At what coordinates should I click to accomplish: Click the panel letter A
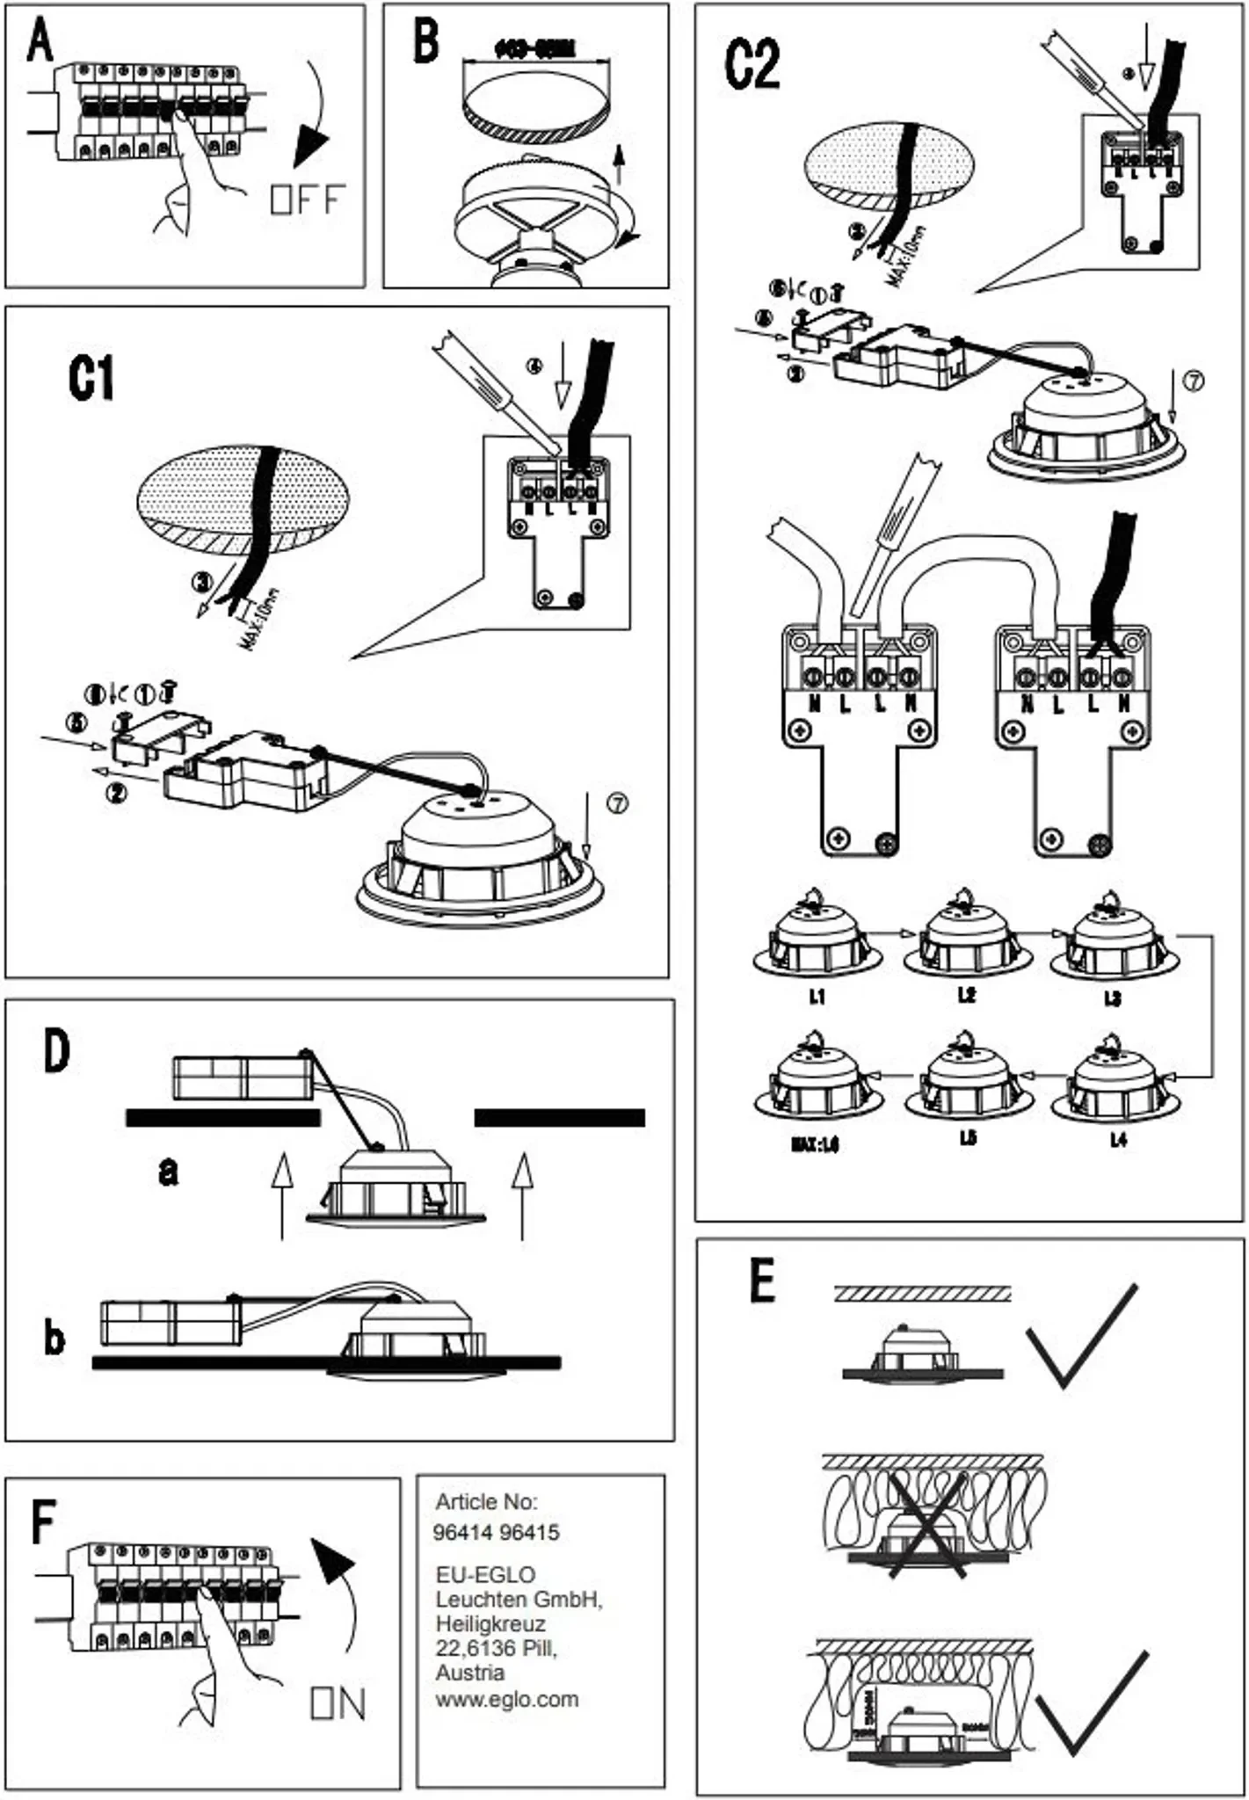40,42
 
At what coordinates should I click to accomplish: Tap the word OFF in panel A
308,200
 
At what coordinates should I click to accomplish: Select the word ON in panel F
338,1704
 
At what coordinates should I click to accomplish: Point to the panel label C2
752,65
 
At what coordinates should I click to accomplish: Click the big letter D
55,1051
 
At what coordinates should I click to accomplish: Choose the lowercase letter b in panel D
54,1339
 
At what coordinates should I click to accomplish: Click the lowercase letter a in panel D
168,1171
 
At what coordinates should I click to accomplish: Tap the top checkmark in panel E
1082,1335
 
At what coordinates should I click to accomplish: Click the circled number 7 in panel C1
618,803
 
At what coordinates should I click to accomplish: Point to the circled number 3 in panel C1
203,582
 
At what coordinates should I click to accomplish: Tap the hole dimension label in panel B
534,49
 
